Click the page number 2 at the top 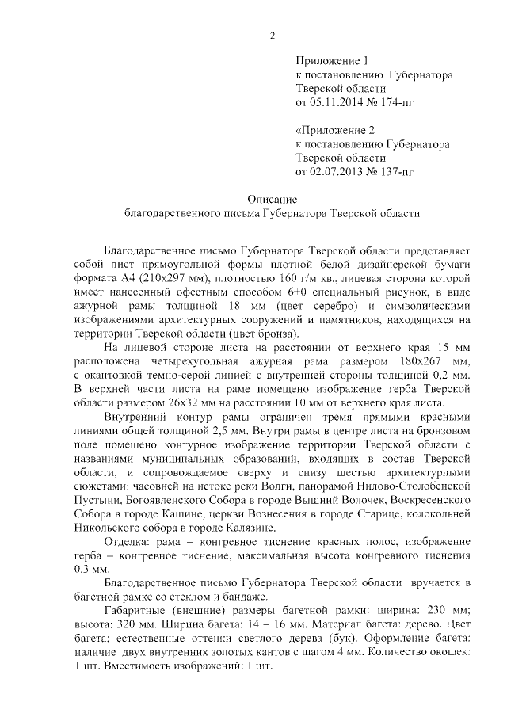[x=272, y=34]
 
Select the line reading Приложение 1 [x=333, y=61]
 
